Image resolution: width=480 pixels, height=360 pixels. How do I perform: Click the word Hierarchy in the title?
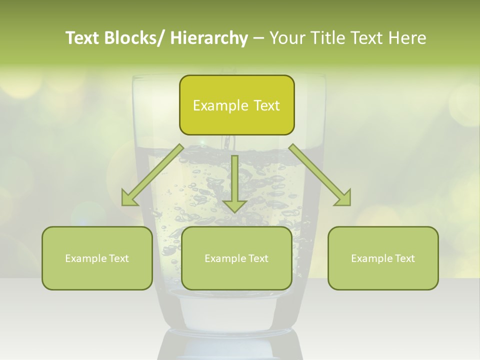pyautogui.click(x=209, y=38)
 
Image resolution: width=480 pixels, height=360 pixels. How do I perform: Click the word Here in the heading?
pyautogui.click(x=407, y=38)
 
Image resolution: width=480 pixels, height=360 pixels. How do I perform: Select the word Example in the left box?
pyautogui.click(x=85, y=258)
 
